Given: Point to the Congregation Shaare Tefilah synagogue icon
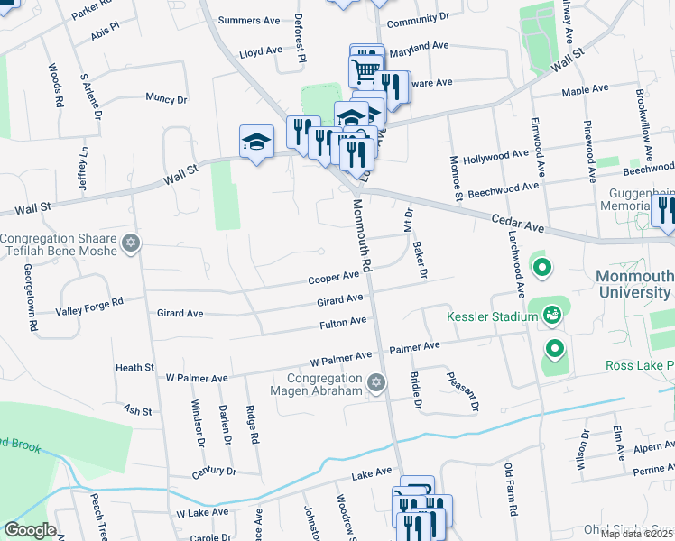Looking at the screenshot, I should pos(131,243).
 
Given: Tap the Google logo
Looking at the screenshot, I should pos(30,530).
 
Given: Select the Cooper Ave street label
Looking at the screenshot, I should pos(334,279).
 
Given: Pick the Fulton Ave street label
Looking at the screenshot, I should pos(343,322).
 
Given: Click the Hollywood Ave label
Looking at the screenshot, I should pos(495,157).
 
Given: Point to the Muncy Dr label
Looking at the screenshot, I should pos(165,99).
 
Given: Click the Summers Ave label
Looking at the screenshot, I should pos(255,20).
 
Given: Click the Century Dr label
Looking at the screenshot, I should pos(213,472).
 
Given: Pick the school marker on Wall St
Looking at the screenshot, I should pos(256,141).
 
